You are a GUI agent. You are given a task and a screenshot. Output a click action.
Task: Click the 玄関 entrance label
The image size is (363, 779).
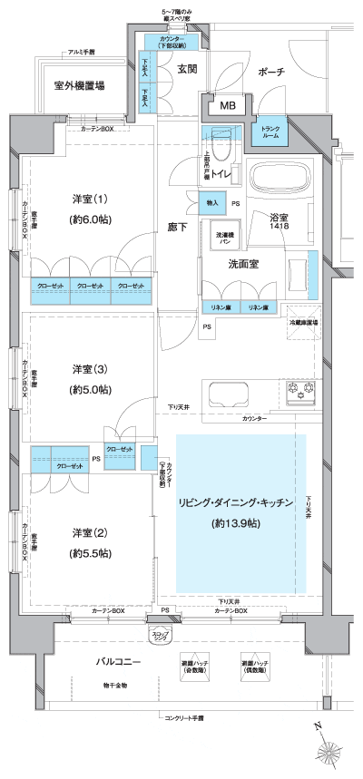[x=187, y=69]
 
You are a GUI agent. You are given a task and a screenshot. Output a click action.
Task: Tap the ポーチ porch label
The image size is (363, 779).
[x=270, y=72]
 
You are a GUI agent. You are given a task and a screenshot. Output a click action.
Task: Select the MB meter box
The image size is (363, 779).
[x=228, y=105]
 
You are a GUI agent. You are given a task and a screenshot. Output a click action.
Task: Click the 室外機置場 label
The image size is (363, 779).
[x=79, y=86]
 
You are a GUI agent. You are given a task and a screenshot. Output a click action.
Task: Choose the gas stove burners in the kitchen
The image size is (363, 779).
[x=299, y=394]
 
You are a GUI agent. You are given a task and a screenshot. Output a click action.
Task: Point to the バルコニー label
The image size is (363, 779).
[x=120, y=663]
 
